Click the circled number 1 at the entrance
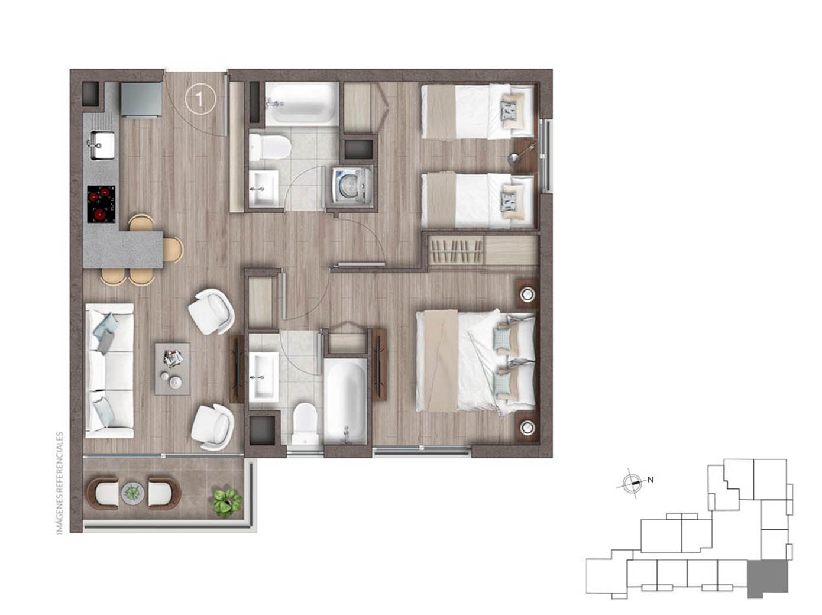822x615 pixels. [200, 99]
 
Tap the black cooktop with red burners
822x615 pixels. [101, 204]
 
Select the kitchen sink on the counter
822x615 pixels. [101, 145]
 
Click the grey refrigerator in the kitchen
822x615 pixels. [141, 99]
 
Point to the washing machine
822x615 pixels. [352, 185]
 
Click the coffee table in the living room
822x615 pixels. [172, 368]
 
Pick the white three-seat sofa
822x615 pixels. [109, 370]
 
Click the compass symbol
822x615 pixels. [631, 483]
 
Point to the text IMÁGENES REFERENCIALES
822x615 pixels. [60, 483]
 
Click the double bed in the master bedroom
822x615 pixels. [475, 361]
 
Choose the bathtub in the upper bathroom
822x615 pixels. [302, 104]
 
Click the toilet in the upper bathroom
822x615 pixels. [270, 147]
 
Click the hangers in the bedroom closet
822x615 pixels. [456, 251]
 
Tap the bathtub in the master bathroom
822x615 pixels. [345, 402]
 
